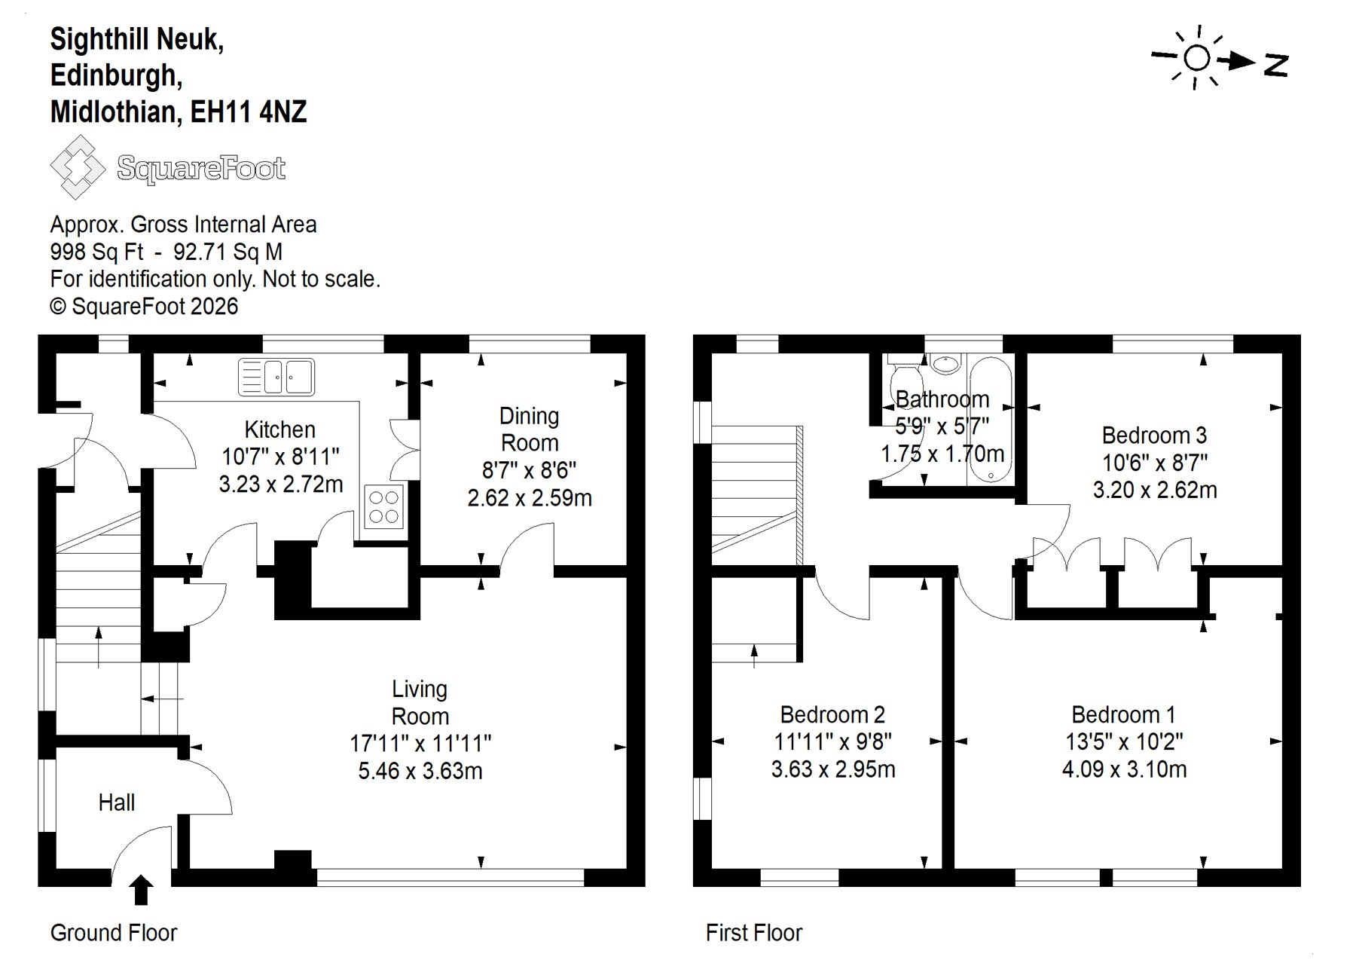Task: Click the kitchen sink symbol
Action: click(276, 378)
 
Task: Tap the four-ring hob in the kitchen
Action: click(384, 506)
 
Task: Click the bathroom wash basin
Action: click(945, 364)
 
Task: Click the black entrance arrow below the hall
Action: click(141, 889)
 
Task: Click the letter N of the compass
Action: click(1276, 65)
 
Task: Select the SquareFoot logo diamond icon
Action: click(78, 167)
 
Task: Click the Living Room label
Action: click(420, 702)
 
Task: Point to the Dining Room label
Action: click(530, 429)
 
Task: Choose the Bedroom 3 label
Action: click(1154, 435)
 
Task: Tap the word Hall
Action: click(117, 802)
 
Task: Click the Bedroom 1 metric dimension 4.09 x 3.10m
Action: click(1124, 769)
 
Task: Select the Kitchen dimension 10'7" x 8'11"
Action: click(280, 457)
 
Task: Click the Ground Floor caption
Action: click(114, 933)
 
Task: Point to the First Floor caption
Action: click(754, 933)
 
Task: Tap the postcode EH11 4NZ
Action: click(248, 112)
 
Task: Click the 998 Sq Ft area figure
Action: click(96, 252)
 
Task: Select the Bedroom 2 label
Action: click(832, 714)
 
